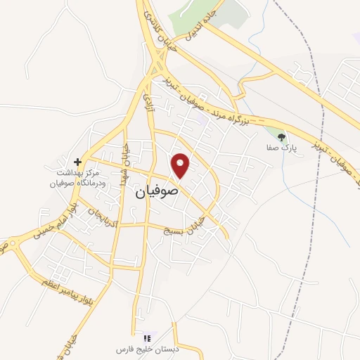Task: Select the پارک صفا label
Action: (285, 147)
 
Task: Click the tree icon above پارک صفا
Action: (282, 136)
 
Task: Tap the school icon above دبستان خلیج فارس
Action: (146, 338)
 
